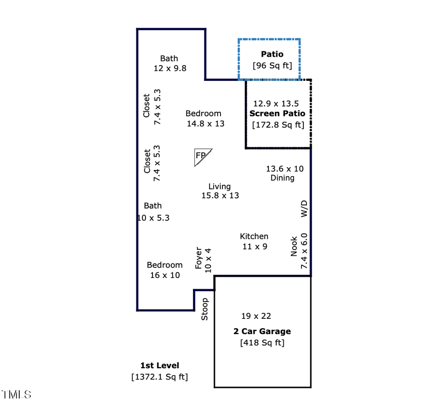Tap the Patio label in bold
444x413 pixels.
click(272, 54)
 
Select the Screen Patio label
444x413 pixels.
click(277, 113)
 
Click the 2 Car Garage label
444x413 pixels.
click(262, 331)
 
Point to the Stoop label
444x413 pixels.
click(204, 309)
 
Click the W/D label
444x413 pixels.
click(304, 209)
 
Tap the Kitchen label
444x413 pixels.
click(254, 236)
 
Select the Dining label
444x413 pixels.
click(282, 178)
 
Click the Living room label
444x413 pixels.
click(220, 186)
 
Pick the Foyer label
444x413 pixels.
click(198, 258)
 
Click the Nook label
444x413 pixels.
click(294, 246)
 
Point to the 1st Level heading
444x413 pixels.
click(160, 366)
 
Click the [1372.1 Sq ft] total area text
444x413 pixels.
click(160, 377)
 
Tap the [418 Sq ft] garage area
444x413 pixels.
click(262, 343)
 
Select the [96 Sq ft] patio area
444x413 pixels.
click(272, 66)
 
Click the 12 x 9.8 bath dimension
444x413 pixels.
click(170, 69)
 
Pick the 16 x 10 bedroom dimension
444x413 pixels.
click(165, 275)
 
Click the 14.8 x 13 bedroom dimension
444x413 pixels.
click(206, 124)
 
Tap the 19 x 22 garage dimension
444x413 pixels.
click(256, 316)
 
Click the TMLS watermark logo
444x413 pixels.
click(16, 395)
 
